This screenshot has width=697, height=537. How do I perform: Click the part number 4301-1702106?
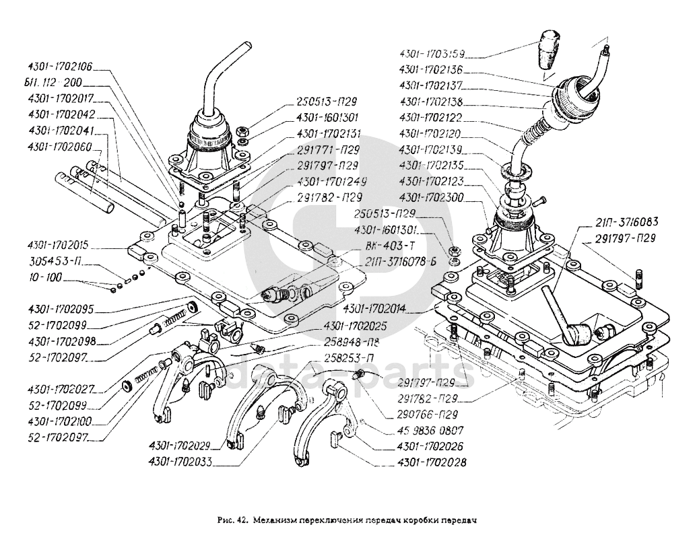[x=59, y=67]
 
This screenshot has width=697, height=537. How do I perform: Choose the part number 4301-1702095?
[x=61, y=310]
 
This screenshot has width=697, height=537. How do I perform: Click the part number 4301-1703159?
[x=432, y=53]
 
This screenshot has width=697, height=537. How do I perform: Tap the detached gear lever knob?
[x=549, y=48]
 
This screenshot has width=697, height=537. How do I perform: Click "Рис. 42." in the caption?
[x=234, y=520]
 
